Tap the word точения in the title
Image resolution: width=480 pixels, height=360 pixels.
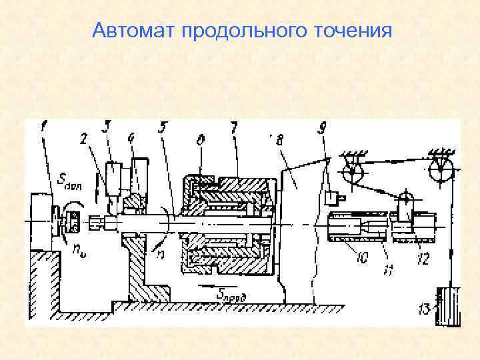[x=347, y=31]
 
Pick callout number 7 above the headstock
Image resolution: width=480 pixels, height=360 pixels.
[x=233, y=127]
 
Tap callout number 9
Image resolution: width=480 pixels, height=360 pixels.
[x=323, y=127]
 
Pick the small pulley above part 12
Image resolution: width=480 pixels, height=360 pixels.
[x=405, y=199]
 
